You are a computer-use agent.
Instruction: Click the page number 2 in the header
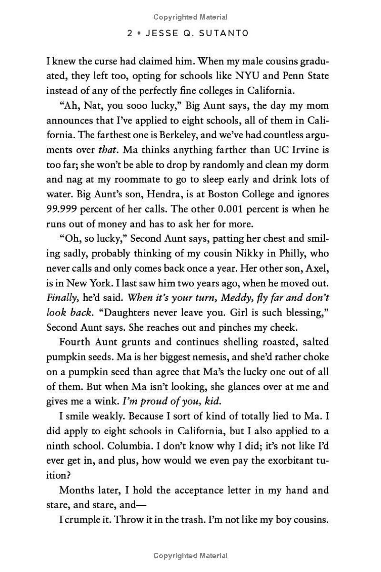click(130, 33)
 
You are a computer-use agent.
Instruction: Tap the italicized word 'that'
click(107, 150)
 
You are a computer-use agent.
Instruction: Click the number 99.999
click(62, 209)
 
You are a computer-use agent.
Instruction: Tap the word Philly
click(291, 253)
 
